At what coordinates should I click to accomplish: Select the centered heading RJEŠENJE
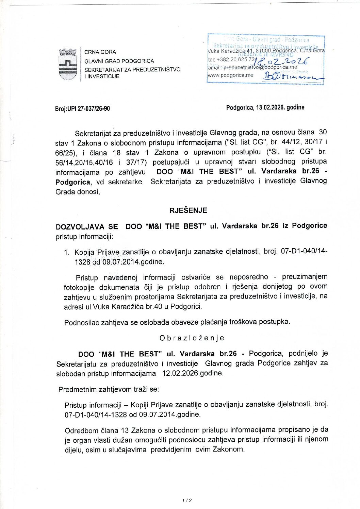[188, 210]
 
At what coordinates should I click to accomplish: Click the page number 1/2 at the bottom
[187, 500]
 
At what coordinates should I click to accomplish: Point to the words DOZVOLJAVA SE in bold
[87, 226]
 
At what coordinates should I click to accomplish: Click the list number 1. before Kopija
[67, 252]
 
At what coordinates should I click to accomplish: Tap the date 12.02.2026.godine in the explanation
[193, 373]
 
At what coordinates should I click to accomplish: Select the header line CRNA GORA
[100, 52]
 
